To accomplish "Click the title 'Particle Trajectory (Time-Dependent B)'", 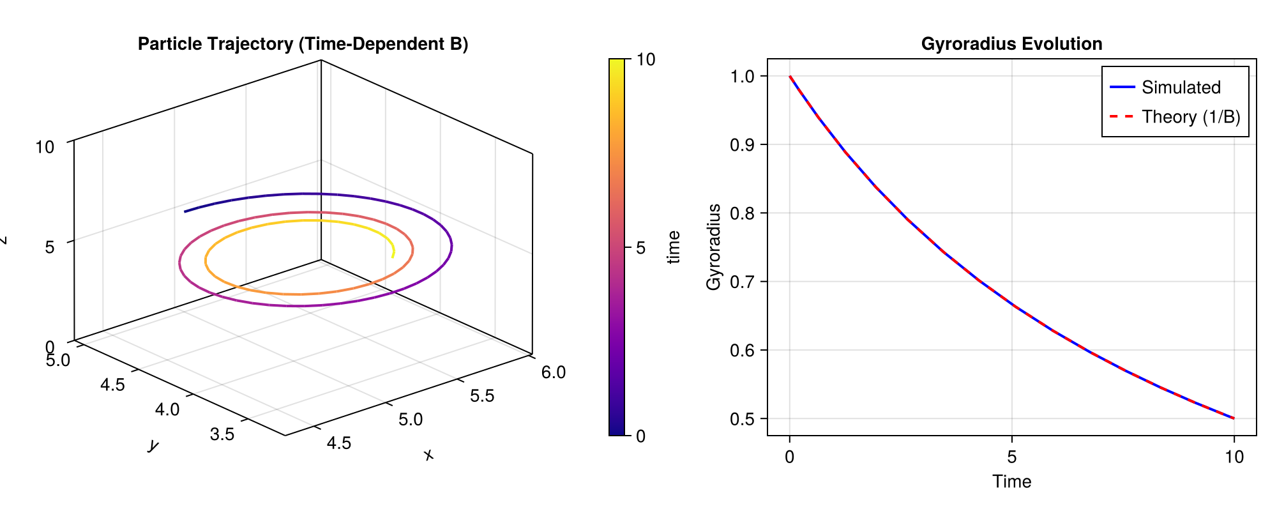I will [x=303, y=44].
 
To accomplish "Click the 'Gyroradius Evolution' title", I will [x=1011, y=44].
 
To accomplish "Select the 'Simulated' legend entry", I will [x=1181, y=88].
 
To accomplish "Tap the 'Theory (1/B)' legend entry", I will [x=1190, y=117].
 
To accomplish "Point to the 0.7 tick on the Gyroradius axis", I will [x=743, y=282].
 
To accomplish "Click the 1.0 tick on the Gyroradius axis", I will [x=743, y=76].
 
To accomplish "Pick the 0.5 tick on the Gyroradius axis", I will [x=743, y=418].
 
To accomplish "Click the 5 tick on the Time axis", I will [x=1011, y=457].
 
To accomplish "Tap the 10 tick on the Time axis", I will [x=1234, y=457].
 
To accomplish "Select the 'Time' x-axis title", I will [x=1011, y=482].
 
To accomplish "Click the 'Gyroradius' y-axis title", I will [x=714, y=247].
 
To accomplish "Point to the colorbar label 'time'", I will [x=673, y=247].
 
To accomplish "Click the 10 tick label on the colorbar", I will [x=646, y=59].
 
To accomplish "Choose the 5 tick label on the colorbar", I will [x=641, y=248].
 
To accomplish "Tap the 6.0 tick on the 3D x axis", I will [x=553, y=372].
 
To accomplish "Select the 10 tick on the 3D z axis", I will [x=45, y=147].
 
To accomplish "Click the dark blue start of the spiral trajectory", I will [x=185, y=211].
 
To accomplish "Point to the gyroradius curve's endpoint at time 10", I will [x=1234, y=418].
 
